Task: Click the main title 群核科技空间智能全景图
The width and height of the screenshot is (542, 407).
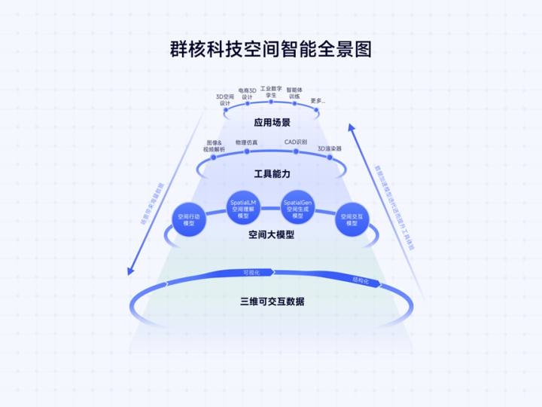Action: (x=270, y=50)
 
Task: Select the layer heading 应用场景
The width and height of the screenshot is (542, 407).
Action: (x=272, y=122)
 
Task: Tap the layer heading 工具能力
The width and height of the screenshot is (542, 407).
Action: (x=272, y=173)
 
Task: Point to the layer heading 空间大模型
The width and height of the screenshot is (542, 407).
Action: (x=271, y=235)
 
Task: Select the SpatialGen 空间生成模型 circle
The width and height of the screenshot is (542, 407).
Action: (x=297, y=207)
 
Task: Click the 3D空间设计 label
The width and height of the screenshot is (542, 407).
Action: (x=225, y=100)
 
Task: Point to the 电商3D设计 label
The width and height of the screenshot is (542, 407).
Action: (x=247, y=93)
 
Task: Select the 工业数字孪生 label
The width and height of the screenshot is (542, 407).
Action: (x=271, y=92)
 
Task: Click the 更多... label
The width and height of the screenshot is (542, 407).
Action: (x=318, y=100)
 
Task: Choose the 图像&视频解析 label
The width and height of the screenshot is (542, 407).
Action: (x=214, y=145)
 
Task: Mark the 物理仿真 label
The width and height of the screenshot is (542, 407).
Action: (x=246, y=142)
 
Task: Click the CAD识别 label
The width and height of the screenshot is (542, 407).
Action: (x=295, y=142)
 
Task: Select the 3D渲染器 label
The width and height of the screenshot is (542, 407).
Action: (x=330, y=148)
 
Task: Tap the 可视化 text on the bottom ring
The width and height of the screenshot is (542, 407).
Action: (x=251, y=272)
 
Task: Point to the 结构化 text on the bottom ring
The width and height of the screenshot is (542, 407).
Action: (x=361, y=280)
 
